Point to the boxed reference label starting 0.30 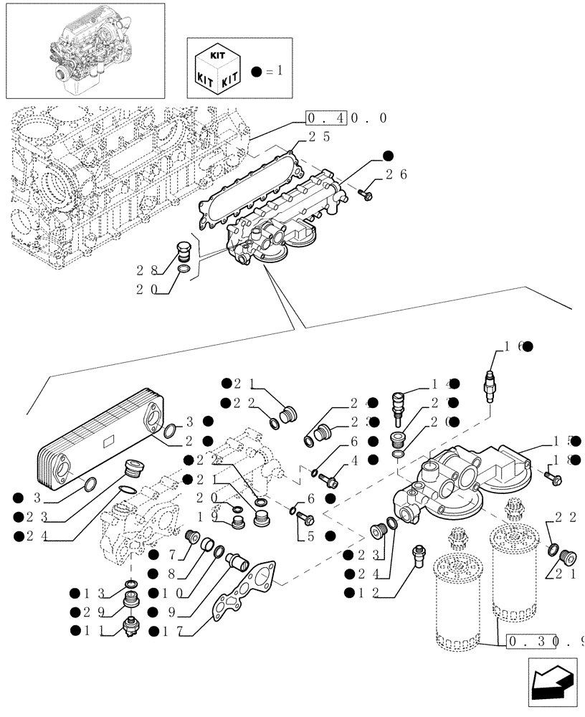pos(543,641)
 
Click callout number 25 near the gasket pos(319,136)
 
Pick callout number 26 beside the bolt pos(396,174)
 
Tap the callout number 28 pos(146,270)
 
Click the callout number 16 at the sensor pos(513,347)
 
